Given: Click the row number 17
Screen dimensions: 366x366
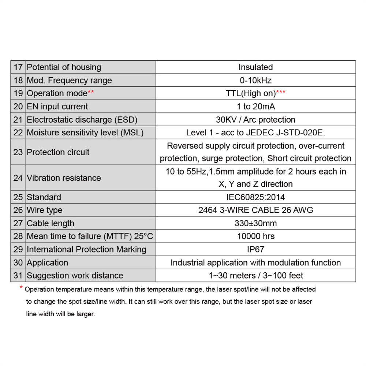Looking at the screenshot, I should pyautogui.click(x=18, y=67).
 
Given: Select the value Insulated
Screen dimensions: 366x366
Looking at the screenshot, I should pyautogui.click(x=255, y=67).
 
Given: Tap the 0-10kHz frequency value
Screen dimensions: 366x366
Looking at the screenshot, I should pyautogui.click(x=255, y=81).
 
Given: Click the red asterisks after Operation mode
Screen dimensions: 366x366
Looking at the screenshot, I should pyautogui.click(x=91, y=93).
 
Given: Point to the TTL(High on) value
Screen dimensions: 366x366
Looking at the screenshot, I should pyautogui.click(x=251, y=93).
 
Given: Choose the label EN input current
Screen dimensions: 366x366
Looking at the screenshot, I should pyautogui.click(x=57, y=107).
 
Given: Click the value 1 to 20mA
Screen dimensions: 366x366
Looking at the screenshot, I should pyautogui.click(x=255, y=107).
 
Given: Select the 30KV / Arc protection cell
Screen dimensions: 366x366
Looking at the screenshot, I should pyautogui.click(x=255, y=120).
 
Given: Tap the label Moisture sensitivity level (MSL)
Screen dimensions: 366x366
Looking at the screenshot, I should pyautogui.click(x=85, y=132).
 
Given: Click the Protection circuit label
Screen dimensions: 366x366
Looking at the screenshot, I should pyautogui.click(x=58, y=152).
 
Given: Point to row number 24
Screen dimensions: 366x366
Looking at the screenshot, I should pyautogui.click(x=18, y=178).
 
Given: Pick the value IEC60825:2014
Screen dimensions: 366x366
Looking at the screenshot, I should pyautogui.click(x=255, y=197).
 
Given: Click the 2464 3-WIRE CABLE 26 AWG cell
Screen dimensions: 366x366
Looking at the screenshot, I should pyautogui.click(x=255, y=210).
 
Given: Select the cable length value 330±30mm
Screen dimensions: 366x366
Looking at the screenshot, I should pyautogui.click(x=255, y=223).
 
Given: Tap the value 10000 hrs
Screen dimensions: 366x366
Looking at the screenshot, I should pyautogui.click(x=255, y=236).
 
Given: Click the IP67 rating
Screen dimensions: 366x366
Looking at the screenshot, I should pyautogui.click(x=255, y=250).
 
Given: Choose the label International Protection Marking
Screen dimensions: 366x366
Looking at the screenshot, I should pyautogui.click(x=86, y=250).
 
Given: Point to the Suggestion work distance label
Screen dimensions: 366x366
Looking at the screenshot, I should pyautogui.click(x=75, y=276).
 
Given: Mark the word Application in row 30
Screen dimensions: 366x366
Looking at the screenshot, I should pyautogui.click(x=47, y=263).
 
